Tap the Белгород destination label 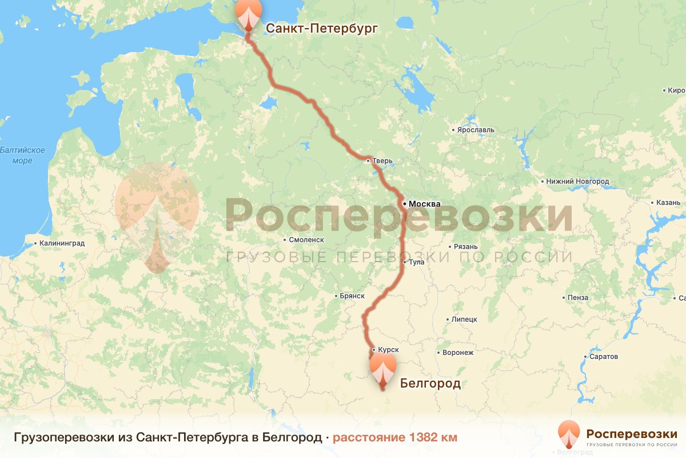coord(430,383)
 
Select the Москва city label coord(424,204)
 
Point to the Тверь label coord(382,161)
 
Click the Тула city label coord(416,262)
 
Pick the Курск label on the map coord(388,349)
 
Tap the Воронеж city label coord(458,353)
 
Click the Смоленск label coord(307,240)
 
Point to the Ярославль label coord(476,130)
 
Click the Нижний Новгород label coord(577,181)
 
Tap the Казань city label coord(668,203)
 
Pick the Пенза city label coord(578,298)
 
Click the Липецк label coord(464,319)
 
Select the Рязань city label coord(465,247)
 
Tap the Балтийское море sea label coord(22,155)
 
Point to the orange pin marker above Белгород coord(382,368)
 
